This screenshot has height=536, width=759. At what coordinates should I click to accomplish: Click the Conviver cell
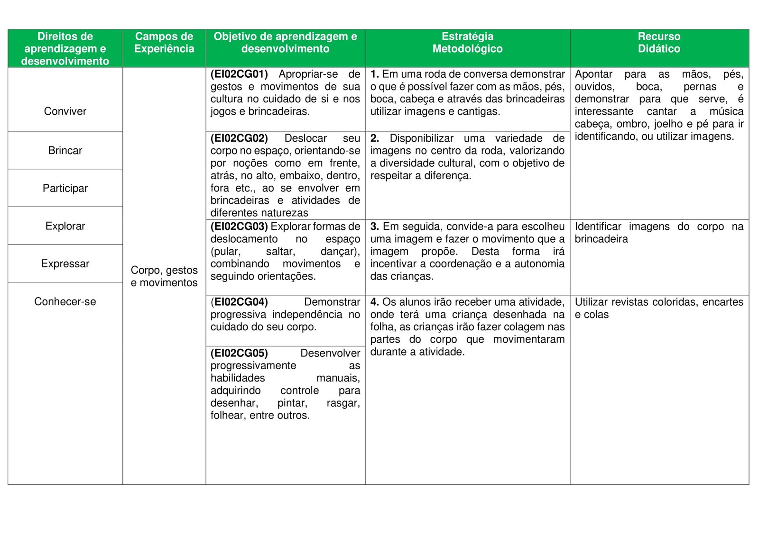[x=65, y=111]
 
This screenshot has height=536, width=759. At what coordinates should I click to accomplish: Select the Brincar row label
[x=65, y=151]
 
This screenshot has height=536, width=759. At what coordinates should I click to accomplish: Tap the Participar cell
[x=65, y=189]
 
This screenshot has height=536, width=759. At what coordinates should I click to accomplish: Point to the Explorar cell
[x=65, y=226]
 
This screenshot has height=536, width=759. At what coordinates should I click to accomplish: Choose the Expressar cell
[x=65, y=264]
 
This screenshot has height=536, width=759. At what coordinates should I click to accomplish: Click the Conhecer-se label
[x=65, y=301]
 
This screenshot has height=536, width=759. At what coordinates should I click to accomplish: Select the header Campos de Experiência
[x=164, y=43]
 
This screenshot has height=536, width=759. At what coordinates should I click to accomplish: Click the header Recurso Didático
[x=659, y=43]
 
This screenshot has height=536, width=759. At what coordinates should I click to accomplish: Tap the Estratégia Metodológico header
[x=467, y=43]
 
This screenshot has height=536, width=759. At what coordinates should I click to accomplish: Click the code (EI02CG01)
[x=239, y=74]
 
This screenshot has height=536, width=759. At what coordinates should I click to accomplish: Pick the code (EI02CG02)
[x=239, y=138]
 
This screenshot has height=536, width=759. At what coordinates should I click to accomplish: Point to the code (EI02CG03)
[x=239, y=227]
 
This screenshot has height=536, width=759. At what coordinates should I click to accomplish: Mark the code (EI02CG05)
[x=239, y=353]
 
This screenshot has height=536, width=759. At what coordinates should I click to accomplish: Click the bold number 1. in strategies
[x=374, y=74]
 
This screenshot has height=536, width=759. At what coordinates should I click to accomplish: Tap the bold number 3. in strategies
[x=374, y=227]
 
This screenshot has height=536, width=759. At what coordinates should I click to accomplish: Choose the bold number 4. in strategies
[x=374, y=302]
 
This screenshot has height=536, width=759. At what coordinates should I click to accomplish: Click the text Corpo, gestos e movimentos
[x=164, y=276]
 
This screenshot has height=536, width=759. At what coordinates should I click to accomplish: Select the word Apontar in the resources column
[x=593, y=74]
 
